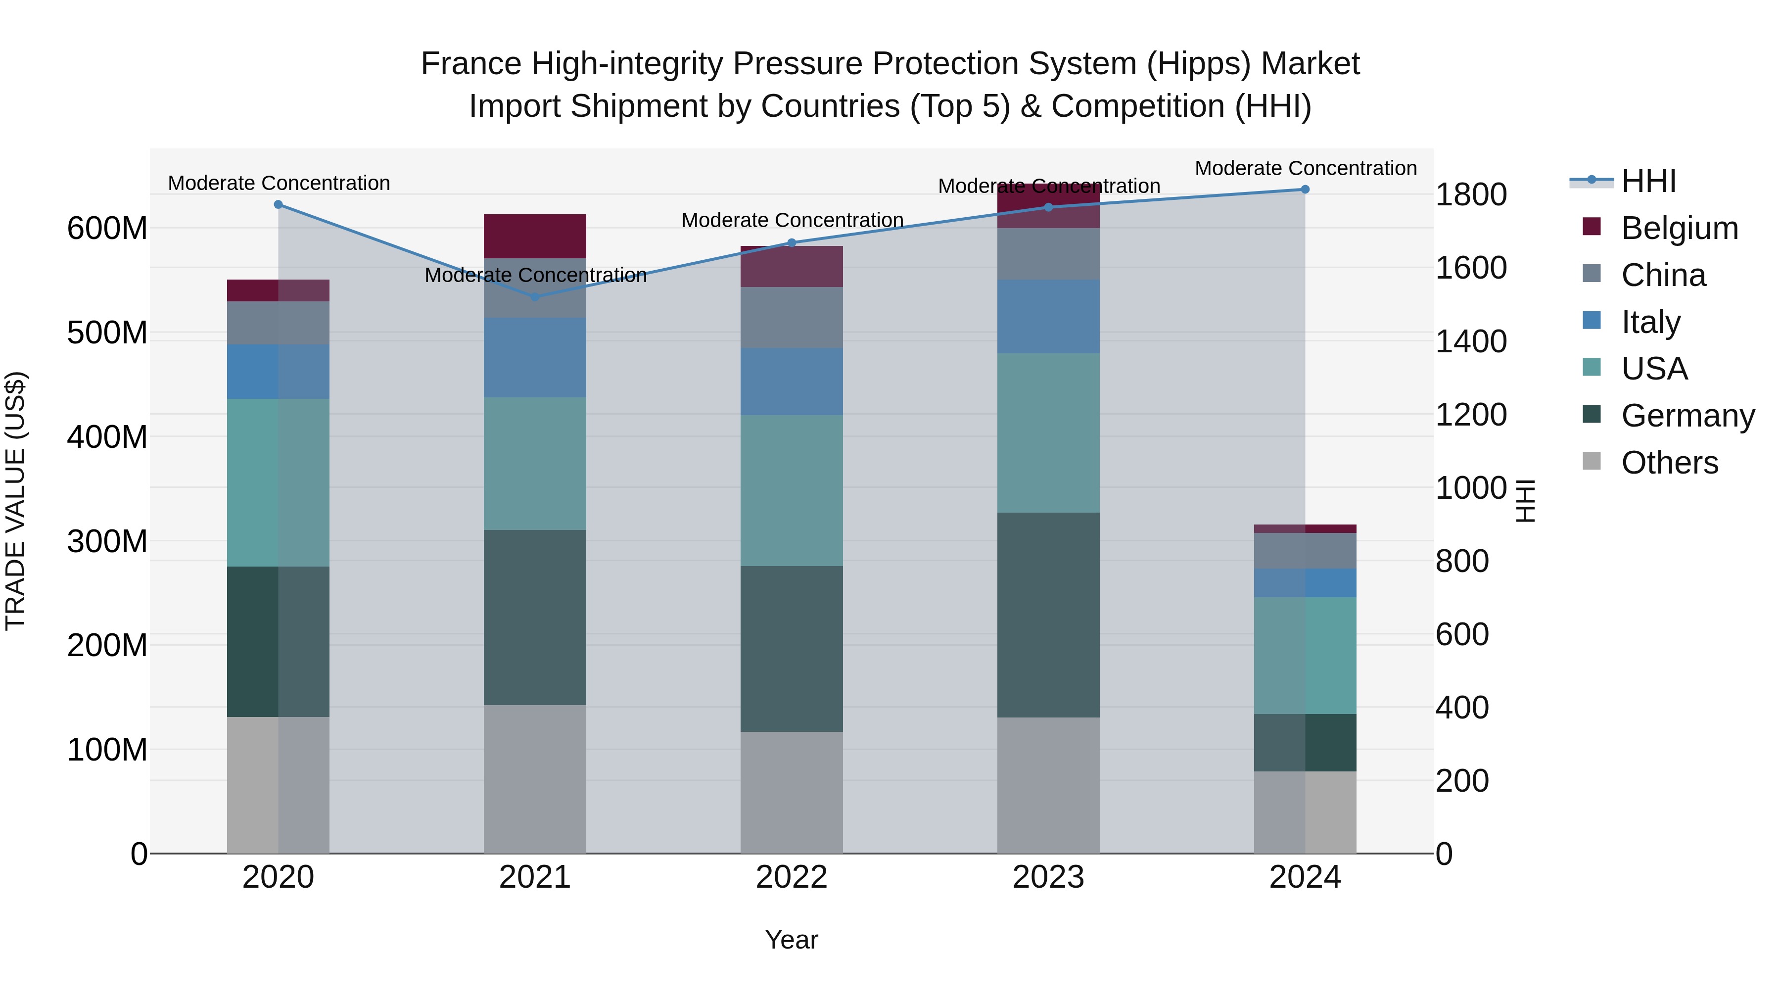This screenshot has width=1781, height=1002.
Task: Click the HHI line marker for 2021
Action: [x=534, y=297]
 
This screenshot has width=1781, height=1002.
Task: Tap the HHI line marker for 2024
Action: [x=1305, y=190]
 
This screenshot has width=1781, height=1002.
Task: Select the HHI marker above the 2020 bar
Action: [x=278, y=205]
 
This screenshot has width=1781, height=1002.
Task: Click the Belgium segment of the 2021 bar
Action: [x=534, y=236]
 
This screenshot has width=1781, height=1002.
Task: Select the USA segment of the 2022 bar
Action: [x=792, y=490]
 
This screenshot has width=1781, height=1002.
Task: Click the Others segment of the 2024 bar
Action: [x=1305, y=812]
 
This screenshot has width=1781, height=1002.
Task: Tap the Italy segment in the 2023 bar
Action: [x=1048, y=317]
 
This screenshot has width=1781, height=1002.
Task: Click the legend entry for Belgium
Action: [x=1679, y=228]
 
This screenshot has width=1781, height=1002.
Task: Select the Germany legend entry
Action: [x=1687, y=416]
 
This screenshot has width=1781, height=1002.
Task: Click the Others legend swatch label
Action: [x=1669, y=463]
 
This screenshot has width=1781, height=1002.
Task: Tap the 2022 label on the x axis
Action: [x=792, y=877]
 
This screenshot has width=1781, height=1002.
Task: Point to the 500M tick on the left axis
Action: [x=107, y=333]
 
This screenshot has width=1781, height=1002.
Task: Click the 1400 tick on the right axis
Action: [x=1471, y=341]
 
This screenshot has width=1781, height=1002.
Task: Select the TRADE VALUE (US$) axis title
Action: [x=15, y=501]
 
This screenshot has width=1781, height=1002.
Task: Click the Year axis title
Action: [x=792, y=940]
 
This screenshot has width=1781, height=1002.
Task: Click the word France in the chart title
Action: [x=470, y=64]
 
